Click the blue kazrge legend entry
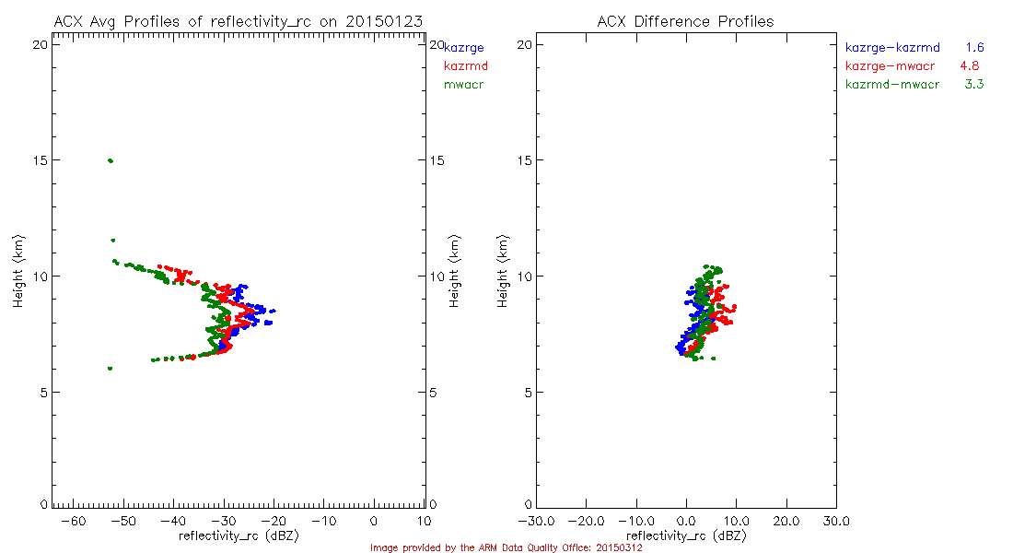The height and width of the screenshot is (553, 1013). click(464, 47)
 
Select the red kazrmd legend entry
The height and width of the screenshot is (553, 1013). click(466, 66)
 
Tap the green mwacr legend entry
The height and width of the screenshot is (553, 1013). click(464, 85)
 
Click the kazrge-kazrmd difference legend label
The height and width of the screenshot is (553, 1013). click(892, 47)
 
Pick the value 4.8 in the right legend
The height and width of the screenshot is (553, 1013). click(969, 66)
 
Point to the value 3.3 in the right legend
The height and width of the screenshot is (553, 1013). click(974, 85)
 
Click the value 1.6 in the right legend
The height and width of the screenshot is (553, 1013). click(975, 47)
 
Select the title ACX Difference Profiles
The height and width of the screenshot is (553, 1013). click(685, 21)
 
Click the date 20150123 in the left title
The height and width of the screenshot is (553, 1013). click(384, 21)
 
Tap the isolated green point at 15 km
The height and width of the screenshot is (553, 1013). click(111, 160)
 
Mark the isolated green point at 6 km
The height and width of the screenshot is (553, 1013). click(110, 369)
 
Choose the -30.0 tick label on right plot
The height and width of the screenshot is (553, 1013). click(537, 523)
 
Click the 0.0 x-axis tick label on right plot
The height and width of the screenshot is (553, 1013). click(687, 523)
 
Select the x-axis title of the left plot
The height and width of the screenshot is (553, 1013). click(239, 535)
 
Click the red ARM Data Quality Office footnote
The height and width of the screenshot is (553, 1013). click(506, 547)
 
